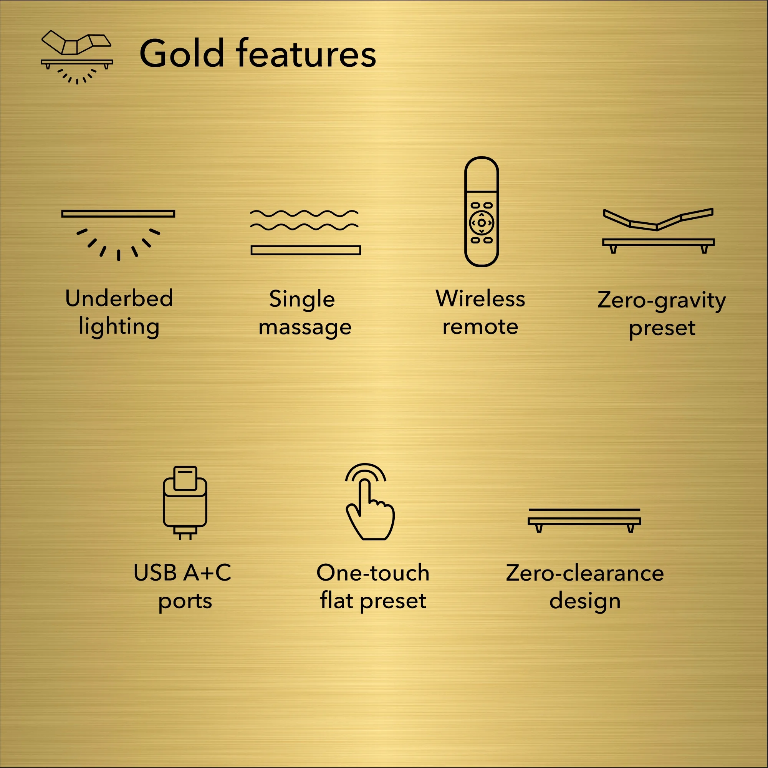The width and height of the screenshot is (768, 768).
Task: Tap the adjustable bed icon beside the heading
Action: point(77,57)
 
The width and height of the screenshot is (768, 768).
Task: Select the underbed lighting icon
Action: point(118,235)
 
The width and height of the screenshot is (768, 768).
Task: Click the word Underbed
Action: point(119,298)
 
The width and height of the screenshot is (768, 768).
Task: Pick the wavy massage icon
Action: point(305,232)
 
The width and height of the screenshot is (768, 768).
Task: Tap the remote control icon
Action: point(482,212)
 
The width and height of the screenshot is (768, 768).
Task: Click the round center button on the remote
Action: point(482,223)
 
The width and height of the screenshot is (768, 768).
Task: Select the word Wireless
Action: point(480,298)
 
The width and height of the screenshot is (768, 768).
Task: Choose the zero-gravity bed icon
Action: point(658,230)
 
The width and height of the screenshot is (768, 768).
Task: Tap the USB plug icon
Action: point(185,503)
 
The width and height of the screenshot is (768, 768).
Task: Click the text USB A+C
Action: point(182,573)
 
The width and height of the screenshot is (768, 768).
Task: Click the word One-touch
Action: point(373,573)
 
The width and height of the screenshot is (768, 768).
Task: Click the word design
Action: point(585,601)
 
